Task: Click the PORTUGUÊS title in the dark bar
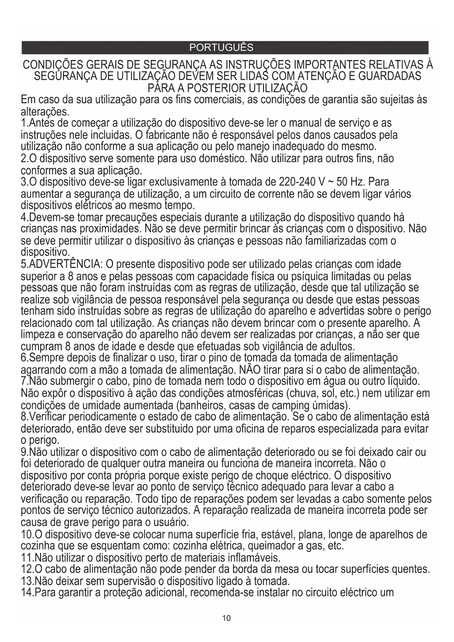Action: (221, 48)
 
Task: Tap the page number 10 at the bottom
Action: (226, 618)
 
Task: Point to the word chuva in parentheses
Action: (303, 394)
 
